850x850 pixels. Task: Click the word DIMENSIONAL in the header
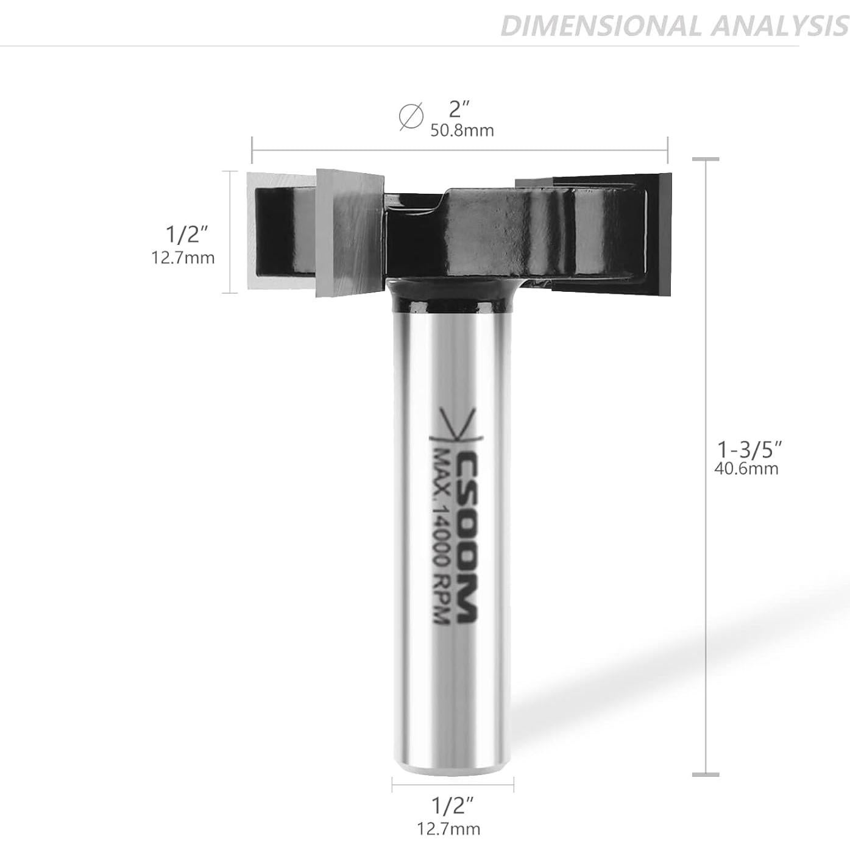pos(599,26)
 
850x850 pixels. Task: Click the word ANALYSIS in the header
pos(775,26)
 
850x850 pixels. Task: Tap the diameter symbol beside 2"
pos(411,116)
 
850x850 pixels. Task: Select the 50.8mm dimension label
pos(462,130)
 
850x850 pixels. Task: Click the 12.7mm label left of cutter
pos(183,258)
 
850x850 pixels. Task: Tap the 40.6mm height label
pos(747,469)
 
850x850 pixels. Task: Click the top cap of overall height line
pos(706,159)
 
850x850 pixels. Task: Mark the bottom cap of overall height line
pos(706,774)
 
